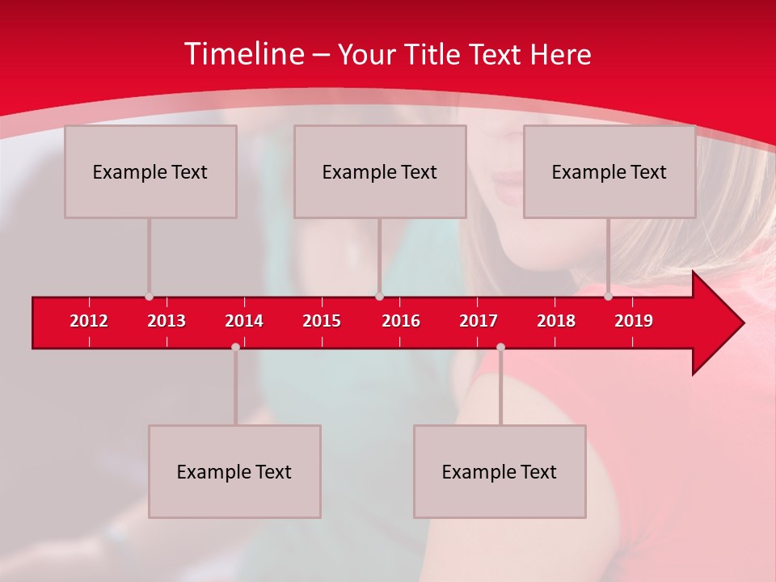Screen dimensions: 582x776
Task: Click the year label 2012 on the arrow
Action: point(89,321)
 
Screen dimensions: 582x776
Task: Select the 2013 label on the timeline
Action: point(167,321)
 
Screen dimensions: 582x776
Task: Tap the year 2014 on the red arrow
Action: point(244,321)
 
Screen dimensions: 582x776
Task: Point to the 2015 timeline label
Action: point(322,321)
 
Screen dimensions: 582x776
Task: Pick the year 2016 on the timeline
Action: point(401,321)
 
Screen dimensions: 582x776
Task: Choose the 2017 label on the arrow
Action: point(479,321)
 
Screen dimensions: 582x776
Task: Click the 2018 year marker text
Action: point(556,321)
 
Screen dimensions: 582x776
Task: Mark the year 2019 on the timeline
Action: point(634,321)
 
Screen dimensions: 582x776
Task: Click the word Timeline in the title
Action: point(243,54)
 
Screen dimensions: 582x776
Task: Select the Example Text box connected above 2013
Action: point(150,171)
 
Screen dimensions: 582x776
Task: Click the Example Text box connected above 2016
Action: point(380,171)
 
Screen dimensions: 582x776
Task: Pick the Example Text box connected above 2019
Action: point(609,171)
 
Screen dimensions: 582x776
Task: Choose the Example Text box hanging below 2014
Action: point(234,471)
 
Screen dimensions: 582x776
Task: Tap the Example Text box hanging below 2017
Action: point(500,471)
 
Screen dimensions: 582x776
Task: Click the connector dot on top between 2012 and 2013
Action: point(149,297)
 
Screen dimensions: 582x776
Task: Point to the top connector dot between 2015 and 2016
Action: point(379,297)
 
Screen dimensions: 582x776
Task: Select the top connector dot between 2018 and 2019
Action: point(609,297)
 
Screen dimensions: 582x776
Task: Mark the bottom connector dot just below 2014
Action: point(235,347)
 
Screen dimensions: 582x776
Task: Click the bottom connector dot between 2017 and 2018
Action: point(500,347)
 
